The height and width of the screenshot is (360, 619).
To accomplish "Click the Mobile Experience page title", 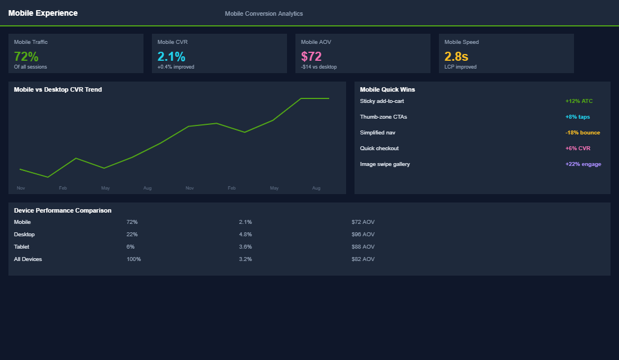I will pos(43,13).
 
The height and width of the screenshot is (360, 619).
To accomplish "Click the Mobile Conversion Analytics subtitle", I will pos(263,13).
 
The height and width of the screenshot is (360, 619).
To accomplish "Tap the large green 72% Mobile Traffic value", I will pos(26,56).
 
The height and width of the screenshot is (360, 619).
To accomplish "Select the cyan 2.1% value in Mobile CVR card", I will pos(171,56).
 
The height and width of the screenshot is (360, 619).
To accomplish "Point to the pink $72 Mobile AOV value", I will pos(311,56).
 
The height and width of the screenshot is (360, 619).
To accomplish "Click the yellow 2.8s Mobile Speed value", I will pos(456,56).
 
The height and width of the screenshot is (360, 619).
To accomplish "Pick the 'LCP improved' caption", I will pos(460,67).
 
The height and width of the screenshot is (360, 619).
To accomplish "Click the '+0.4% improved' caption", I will pos(176,67).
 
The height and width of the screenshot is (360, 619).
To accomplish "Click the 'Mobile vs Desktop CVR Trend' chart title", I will pos(58,89).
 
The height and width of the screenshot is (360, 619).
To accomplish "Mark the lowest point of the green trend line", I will pos(48,177).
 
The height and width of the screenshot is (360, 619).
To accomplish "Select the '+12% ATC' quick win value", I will pos(579,101).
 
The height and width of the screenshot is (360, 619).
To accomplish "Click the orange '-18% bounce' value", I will pos(582,133).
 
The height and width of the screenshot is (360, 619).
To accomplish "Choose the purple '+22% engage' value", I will pos(583,164).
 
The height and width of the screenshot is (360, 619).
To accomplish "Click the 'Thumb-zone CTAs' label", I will pos(383,117).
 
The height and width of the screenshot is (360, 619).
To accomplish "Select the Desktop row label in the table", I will pos(24,235).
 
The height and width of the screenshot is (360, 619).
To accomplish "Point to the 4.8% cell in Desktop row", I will pos(245,235).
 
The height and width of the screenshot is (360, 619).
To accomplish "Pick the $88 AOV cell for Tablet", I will pos(363,247).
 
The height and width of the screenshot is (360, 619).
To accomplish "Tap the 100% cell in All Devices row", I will pos(133,259).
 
